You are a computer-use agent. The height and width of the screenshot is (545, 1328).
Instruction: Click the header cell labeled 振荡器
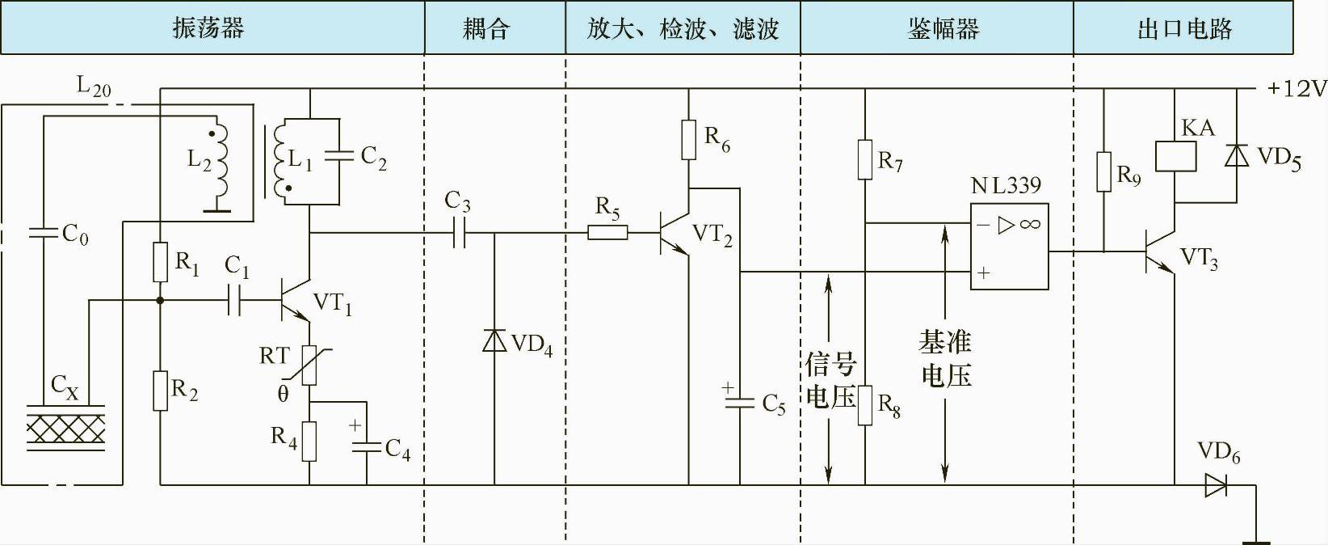208,29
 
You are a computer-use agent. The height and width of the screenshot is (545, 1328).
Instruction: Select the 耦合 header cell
486,29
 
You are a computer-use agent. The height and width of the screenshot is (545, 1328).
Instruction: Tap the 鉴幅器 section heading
943,29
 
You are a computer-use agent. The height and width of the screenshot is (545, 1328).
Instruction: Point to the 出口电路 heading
1184,29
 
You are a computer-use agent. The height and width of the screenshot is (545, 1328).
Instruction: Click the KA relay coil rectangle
1175,156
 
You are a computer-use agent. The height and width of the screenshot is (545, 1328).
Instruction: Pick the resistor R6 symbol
689,140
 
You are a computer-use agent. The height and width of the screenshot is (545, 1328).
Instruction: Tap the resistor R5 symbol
607,233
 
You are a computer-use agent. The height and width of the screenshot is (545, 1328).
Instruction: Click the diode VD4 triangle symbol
494,340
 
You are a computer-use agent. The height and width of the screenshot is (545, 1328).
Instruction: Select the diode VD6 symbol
1216,485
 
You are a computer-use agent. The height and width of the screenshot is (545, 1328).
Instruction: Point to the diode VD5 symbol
1236,155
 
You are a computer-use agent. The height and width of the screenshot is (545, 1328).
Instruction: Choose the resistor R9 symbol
1104,172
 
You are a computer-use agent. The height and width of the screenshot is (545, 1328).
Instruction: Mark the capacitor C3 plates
458,233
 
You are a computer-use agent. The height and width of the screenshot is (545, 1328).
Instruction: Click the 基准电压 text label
946,358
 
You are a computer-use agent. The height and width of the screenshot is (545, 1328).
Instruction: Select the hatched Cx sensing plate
65,429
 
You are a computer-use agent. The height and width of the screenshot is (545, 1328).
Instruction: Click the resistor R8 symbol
865,405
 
